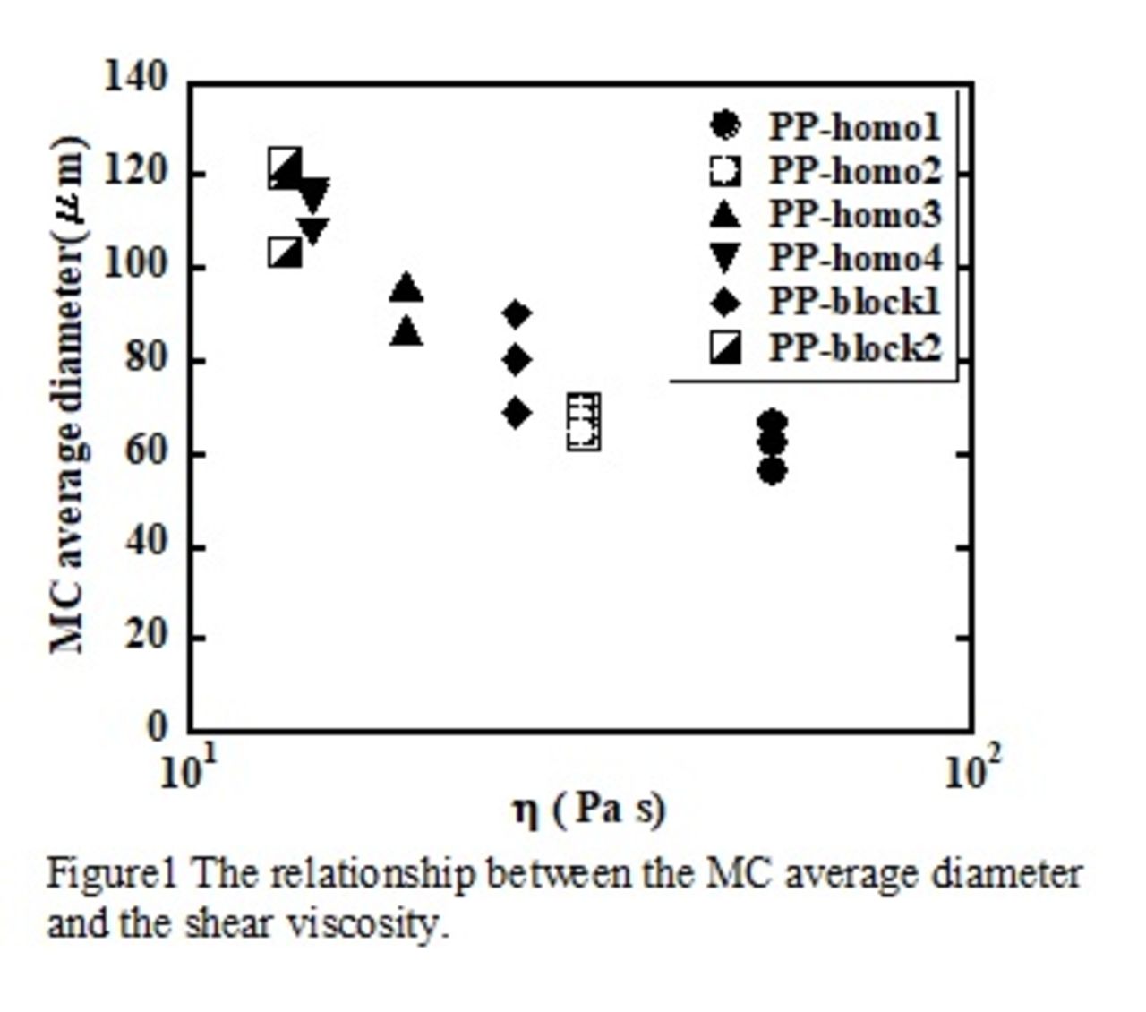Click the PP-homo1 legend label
pyautogui.click(x=855, y=127)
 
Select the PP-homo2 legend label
pyautogui.click(x=855, y=170)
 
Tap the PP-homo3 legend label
pyautogui.click(x=855, y=214)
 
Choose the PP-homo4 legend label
pyautogui.click(x=855, y=259)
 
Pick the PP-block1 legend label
pyautogui.click(x=855, y=303)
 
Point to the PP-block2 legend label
pyautogui.click(x=855, y=347)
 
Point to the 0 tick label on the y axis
pyautogui.click(x=157, y=726)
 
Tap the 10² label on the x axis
pyautogui.click(x=971, y=772)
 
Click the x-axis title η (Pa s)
pyautogui.click(x=589, y=810)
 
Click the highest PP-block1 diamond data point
pyautogui.click(x=516, y=314)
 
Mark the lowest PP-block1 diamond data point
pyautogui.click(x=516, y=413)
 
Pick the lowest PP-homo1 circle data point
pyautogui.click(x=773, y=471)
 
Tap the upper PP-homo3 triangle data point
pyautogui.click(x=406, y=288)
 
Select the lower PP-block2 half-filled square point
pyautogui.click(x=286, y=253)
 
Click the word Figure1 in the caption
pyautogui.click(x=113, y=873)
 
